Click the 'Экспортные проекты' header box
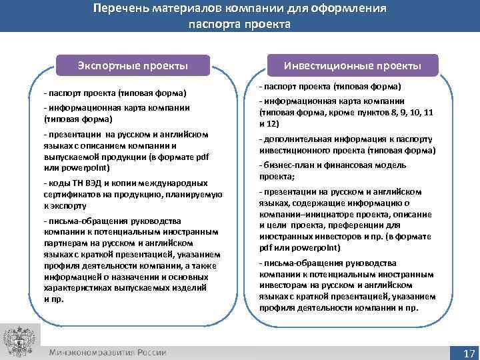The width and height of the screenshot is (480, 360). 132,66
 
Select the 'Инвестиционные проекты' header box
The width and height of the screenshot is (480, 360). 352,66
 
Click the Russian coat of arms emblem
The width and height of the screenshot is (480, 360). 17,341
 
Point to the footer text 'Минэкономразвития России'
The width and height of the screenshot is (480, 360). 107,352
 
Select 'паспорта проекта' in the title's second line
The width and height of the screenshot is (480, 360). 239,25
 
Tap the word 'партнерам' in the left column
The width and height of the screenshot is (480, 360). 67,243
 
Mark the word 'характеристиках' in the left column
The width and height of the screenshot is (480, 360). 77,287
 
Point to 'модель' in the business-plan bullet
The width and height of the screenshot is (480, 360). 413,165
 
